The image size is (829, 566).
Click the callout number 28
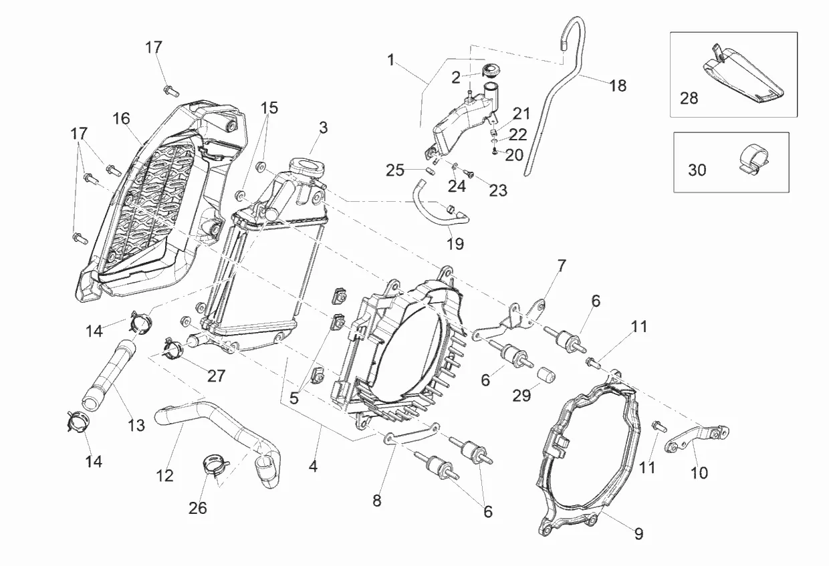(689, 98)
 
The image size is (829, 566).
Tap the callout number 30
(697, 170)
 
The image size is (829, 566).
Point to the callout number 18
(618, 86)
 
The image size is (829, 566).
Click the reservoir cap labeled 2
(493, 69)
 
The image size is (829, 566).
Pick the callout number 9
(638, 534)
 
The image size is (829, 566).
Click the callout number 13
(136, 425)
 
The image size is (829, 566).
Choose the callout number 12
(164, 476)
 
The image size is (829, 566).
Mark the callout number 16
(121, 119)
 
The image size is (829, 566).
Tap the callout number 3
(323, 127)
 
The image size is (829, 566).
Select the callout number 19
(455, 244)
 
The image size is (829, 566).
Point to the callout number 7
(561, 265)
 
